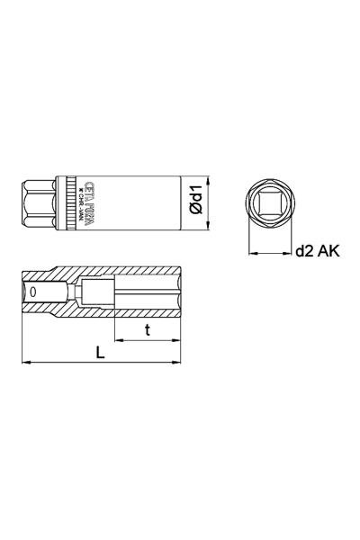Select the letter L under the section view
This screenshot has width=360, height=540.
(x=100, y=352)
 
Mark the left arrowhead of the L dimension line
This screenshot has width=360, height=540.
(x=25, y=363)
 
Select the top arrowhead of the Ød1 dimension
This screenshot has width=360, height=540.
(x=207, y=176)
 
